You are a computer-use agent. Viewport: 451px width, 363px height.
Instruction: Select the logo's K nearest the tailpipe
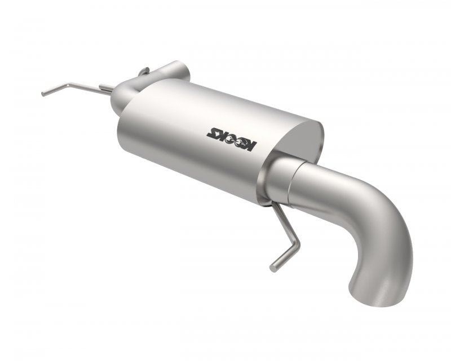[251, 147]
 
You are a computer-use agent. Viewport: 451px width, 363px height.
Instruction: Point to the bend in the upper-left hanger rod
[67, 85]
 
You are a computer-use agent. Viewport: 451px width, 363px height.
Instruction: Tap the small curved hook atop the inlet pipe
[144, 71]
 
